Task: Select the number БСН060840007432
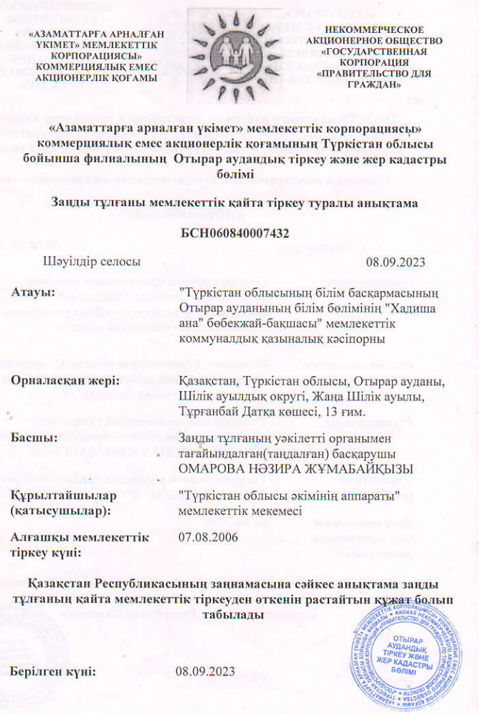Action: (x=240, y=231)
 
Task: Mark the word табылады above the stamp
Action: (x=231, y=614)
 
